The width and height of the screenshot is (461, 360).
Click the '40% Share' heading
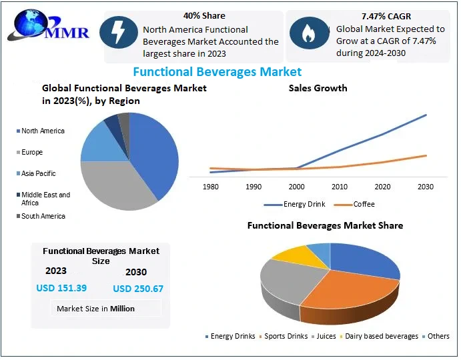203,15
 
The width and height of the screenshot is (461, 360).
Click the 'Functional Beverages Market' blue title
217,71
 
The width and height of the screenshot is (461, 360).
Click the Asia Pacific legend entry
38,173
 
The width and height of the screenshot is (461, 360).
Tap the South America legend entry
43,216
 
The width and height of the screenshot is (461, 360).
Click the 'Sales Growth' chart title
318,88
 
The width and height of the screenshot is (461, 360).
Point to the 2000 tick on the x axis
296,187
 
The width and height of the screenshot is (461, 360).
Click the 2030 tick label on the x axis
426,187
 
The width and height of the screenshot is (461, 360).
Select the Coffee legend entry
364,204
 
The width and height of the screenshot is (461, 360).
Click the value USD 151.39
61,287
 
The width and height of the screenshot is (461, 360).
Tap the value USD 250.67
138,289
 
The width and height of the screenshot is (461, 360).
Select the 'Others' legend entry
438,336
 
